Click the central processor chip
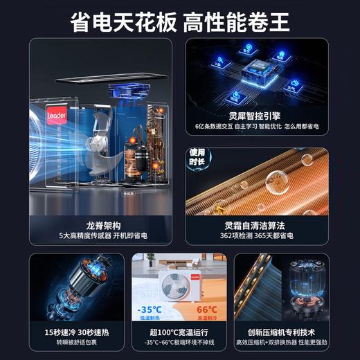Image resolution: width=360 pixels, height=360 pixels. [x=269, y=71]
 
